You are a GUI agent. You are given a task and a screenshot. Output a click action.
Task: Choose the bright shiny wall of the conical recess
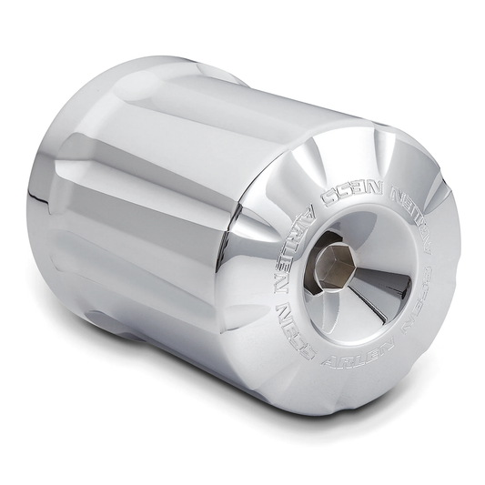click(364, 246)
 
